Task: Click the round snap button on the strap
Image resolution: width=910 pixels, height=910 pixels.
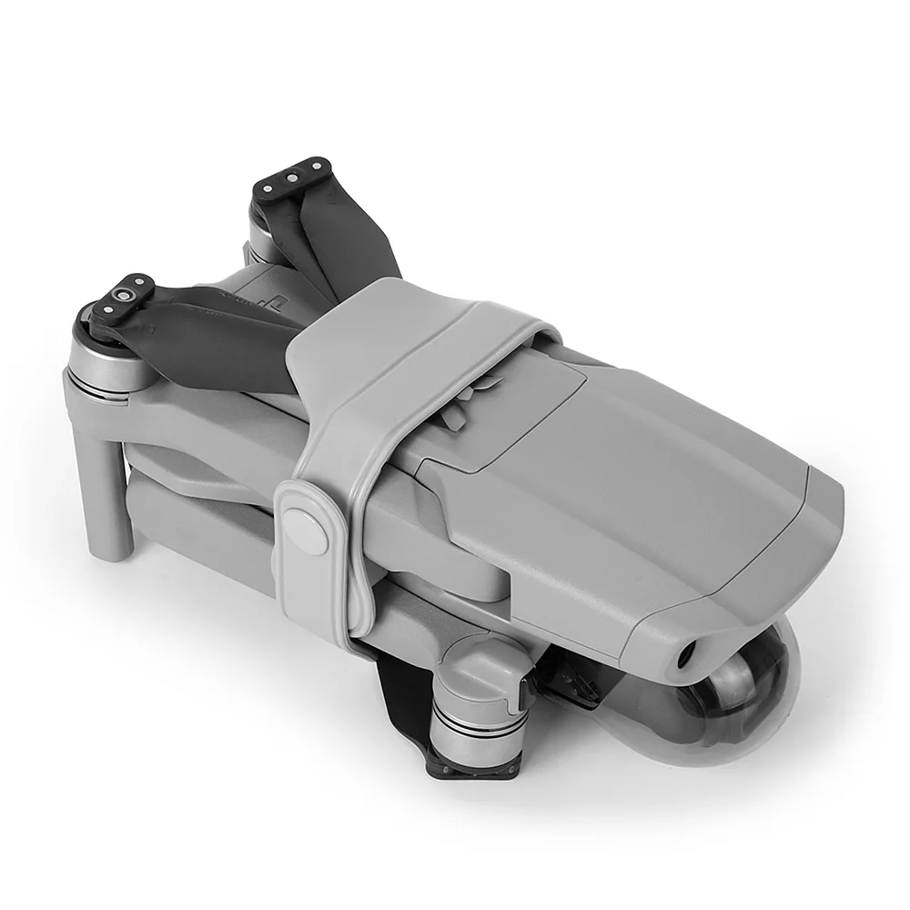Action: click(x=306, y=527)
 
